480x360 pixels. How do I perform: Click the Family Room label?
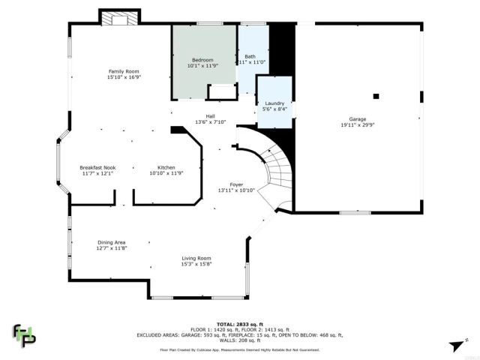124,70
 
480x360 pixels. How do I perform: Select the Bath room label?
250,56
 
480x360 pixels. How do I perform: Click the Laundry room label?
274,103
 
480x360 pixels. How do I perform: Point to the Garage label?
358,119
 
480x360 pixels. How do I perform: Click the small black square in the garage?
376,96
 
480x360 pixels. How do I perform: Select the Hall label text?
211,115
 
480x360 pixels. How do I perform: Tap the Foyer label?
236,184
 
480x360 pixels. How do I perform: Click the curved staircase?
274,169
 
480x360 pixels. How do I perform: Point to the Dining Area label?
111,242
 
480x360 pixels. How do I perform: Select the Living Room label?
196,258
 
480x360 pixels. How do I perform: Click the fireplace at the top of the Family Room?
119,17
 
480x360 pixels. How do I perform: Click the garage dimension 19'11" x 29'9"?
358,125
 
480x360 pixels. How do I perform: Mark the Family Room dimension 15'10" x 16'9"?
124,76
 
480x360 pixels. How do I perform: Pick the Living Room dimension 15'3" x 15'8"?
196,264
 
